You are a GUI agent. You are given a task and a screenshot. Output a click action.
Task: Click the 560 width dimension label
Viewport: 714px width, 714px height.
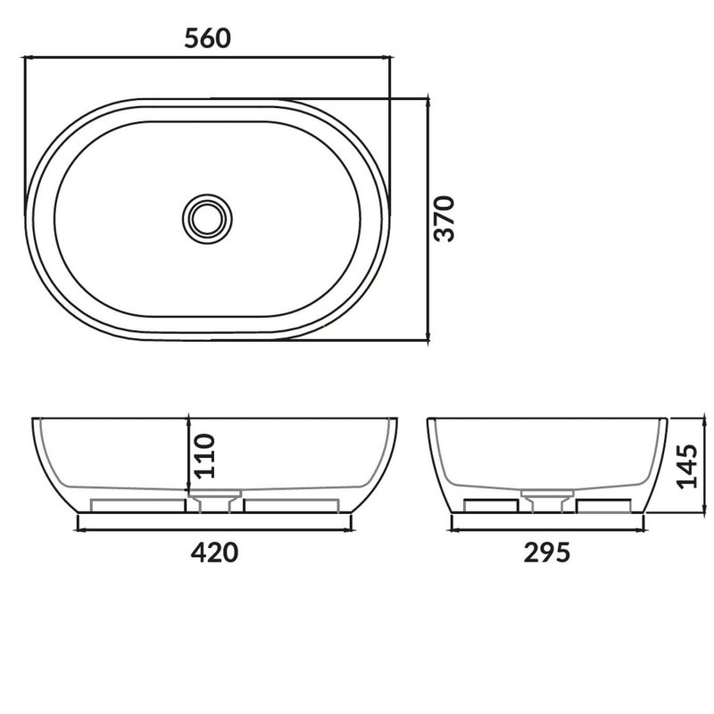(x=207, y=37)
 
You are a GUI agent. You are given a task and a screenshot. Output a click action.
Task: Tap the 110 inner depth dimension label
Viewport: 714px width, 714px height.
(x=204, y=457)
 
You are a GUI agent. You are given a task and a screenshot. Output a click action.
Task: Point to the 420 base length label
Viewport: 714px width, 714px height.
(x=215, y=552)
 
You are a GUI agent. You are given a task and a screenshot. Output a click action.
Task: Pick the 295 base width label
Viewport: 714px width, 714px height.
(x=546, y=552)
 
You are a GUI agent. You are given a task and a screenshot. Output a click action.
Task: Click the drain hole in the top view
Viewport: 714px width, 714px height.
(x=208, y=217)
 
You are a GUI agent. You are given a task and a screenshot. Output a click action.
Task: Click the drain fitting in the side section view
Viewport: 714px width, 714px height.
(x=546, y=500)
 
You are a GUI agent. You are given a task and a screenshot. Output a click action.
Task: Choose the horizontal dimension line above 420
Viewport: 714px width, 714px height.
(x=215, y=528)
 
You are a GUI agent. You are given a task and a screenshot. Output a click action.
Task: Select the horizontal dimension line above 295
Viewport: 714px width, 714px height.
(x=546, y=528)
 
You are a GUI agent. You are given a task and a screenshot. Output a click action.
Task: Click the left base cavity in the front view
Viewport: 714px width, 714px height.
(x=137, y=505)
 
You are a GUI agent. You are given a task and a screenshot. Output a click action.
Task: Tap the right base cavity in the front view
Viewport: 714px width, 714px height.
(x=289, y=505)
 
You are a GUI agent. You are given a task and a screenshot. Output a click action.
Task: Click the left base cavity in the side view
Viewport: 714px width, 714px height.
(x=492, y=506)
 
